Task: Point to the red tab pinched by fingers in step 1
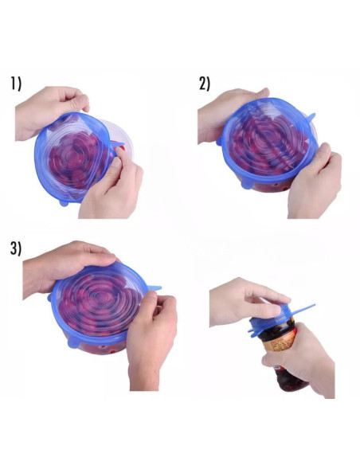click(119, 147)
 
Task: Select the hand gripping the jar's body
click(307, 358)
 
